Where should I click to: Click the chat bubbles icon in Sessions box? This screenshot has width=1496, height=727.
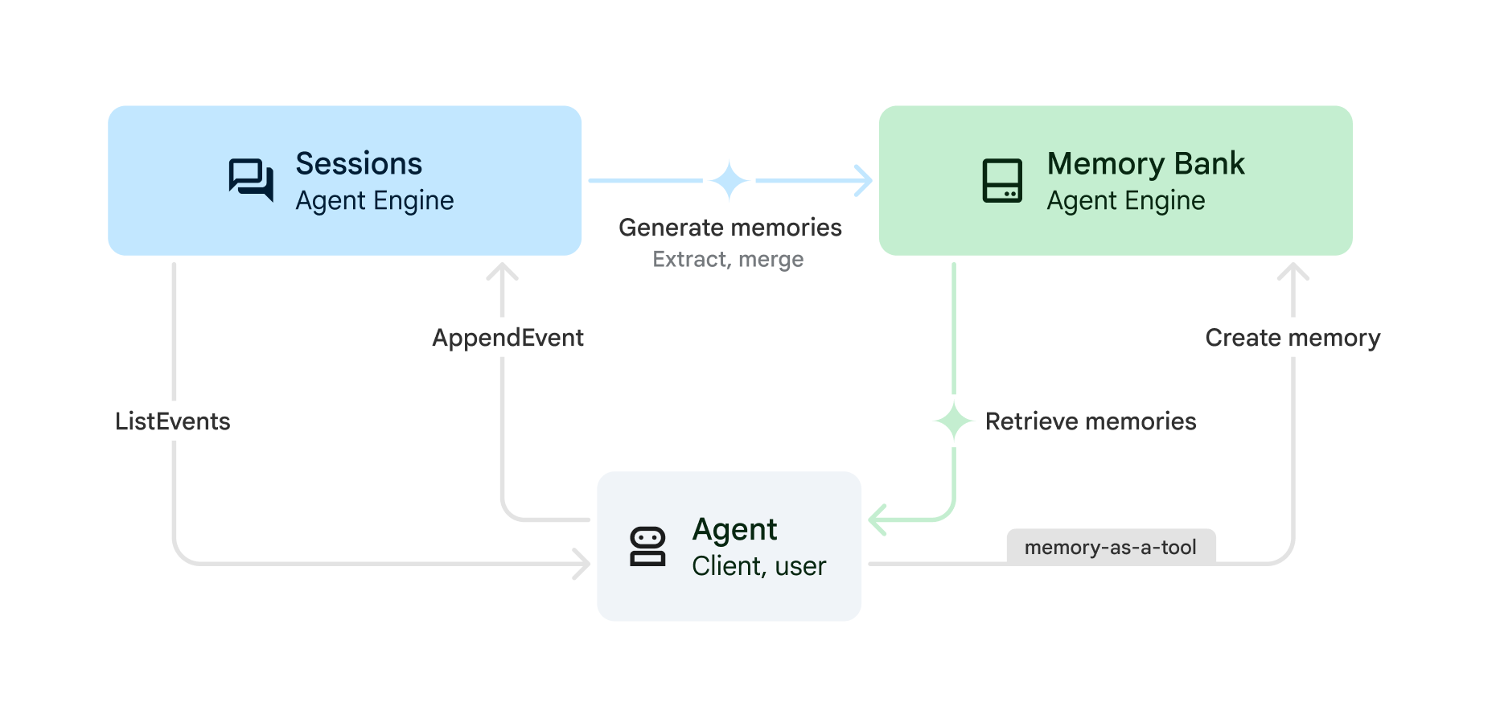click(x=251, y=179)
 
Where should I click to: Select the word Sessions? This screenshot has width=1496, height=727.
click(x=359, y=163)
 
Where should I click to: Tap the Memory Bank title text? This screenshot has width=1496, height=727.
click(x=1145, y=163)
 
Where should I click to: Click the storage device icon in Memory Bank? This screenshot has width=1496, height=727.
click(x=1002, y=180)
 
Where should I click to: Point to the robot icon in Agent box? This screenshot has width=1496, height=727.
click(x=647, y=547)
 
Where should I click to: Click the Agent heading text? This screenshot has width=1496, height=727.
click(x=734, y=529)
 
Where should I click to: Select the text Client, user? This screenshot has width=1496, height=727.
click(x=758, y=566)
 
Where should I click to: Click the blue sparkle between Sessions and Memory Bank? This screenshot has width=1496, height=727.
click(x=730, y=181)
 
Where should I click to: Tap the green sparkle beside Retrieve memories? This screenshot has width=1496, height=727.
click(x=954, y=421)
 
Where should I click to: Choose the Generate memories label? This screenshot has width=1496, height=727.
click(x=730, y=228)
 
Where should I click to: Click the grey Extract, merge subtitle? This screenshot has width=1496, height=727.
click(x=728, y=259)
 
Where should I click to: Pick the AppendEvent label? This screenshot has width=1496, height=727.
click(x=508, y=338)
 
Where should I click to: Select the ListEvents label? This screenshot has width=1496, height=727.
click(x=172, y=421)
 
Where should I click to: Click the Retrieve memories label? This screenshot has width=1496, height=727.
click(x=1091, y=421)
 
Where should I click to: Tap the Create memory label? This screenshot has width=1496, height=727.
click(x=1293, y=338)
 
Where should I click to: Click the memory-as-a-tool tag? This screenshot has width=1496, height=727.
click(x=1110, y=548)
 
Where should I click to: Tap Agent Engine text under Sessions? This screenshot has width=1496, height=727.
click(x=374, y=200)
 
